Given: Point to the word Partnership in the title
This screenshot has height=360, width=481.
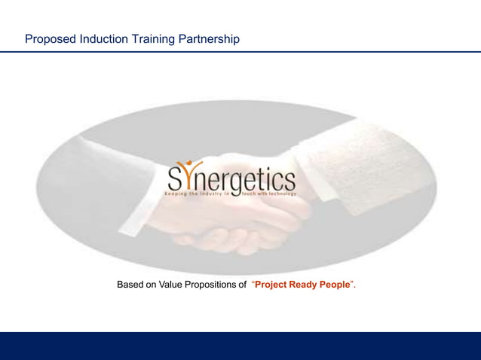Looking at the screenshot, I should pyautogui.click(x=210, y=38).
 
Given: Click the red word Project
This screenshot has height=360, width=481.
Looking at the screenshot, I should pyautogui.click(x=273, y=285).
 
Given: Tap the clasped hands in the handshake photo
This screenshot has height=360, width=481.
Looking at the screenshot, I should pyautogui.click(x=234, y=226).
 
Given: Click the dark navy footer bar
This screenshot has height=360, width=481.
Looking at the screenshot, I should pyautogui.click(x=240, y=346).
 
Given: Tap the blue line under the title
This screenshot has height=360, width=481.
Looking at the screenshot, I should pyautogui.click(x=240, y=52).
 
